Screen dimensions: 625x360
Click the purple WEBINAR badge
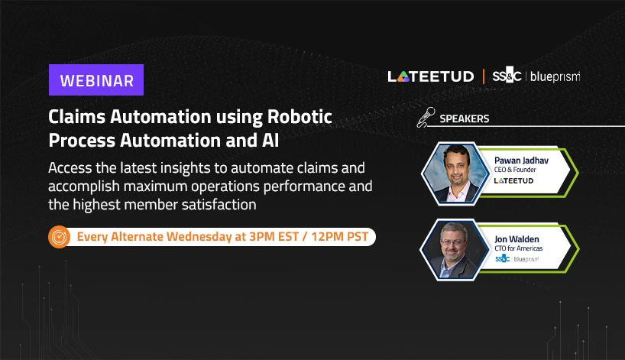[96, 79]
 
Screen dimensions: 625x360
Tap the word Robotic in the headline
[300, 117]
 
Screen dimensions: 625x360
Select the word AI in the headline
[270, 141]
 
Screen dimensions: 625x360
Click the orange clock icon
[59, 237]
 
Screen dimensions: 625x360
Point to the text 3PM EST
[274, 236]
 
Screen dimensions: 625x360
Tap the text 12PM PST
[339, 236]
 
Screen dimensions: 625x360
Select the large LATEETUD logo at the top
[430, 76]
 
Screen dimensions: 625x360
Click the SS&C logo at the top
[507, 76]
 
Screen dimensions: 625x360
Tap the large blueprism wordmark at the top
[555, 76]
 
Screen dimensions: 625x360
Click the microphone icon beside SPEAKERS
[426, 117]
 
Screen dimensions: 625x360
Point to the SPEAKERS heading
[465, 118]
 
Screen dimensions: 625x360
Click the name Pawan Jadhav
[521, 161]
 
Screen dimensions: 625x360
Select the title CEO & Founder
[515, 170]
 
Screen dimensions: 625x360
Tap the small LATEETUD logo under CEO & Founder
[513, 181]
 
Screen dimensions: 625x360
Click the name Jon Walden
[517, 239]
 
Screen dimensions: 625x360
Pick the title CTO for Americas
[519, 248]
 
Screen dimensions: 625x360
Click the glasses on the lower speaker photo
[454, 242]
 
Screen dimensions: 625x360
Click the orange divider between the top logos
[484, 76]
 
